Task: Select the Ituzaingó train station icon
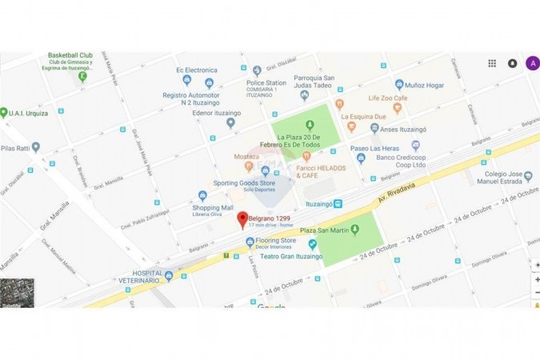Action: pos(338,204)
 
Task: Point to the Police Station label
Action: pos(266,83)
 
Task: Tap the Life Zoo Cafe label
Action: pos(388,98)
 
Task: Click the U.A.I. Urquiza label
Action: pos(28,114)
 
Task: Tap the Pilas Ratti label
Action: pos(15,148)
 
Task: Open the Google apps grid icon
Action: pos(492,63)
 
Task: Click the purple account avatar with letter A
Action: pos(532,63)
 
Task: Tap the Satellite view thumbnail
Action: pos(17,292)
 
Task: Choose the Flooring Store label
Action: pos(276,240)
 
